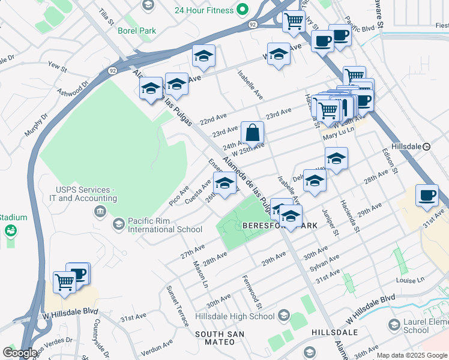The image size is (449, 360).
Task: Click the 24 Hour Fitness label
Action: point(203,10)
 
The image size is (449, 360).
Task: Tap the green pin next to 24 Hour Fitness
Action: point(242,10)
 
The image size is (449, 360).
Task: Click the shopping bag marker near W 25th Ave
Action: point(253,133)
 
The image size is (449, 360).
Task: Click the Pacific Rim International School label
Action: point(164,224)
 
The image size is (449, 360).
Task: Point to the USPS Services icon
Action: point(100,211)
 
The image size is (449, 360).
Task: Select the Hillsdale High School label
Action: point(235,317)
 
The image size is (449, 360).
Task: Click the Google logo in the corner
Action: point(19,353)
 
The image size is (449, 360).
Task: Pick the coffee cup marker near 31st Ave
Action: point(427,196)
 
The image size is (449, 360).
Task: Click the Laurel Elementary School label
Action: point(424,326)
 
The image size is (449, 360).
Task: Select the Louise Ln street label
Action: point(410,280)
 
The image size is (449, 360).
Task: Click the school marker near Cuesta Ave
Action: point(224,184)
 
